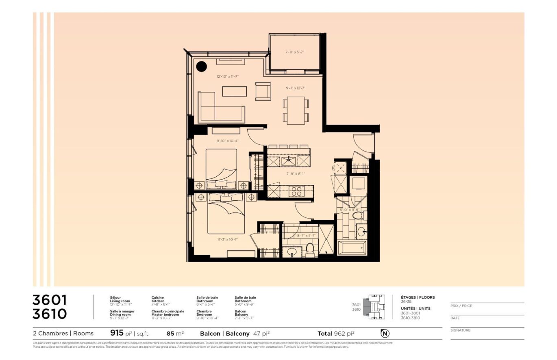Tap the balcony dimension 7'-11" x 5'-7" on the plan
(x=295, y=52)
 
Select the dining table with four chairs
(x=296, y=110)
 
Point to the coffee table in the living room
(x=234, y=91)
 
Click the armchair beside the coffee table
(x=263, y=91)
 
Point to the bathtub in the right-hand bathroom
(x=352, y=247)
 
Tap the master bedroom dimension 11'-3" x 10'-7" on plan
(x=227, y=239)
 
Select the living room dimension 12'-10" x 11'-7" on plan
(x=227, y=76)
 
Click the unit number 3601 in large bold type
(x=50, y=300)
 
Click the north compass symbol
(x=385, y=334)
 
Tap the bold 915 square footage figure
(x=117, y=333)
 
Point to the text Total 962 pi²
(x=336, y=334)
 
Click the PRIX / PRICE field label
(x=461, y=306)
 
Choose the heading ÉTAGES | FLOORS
(x=418, y=297)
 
